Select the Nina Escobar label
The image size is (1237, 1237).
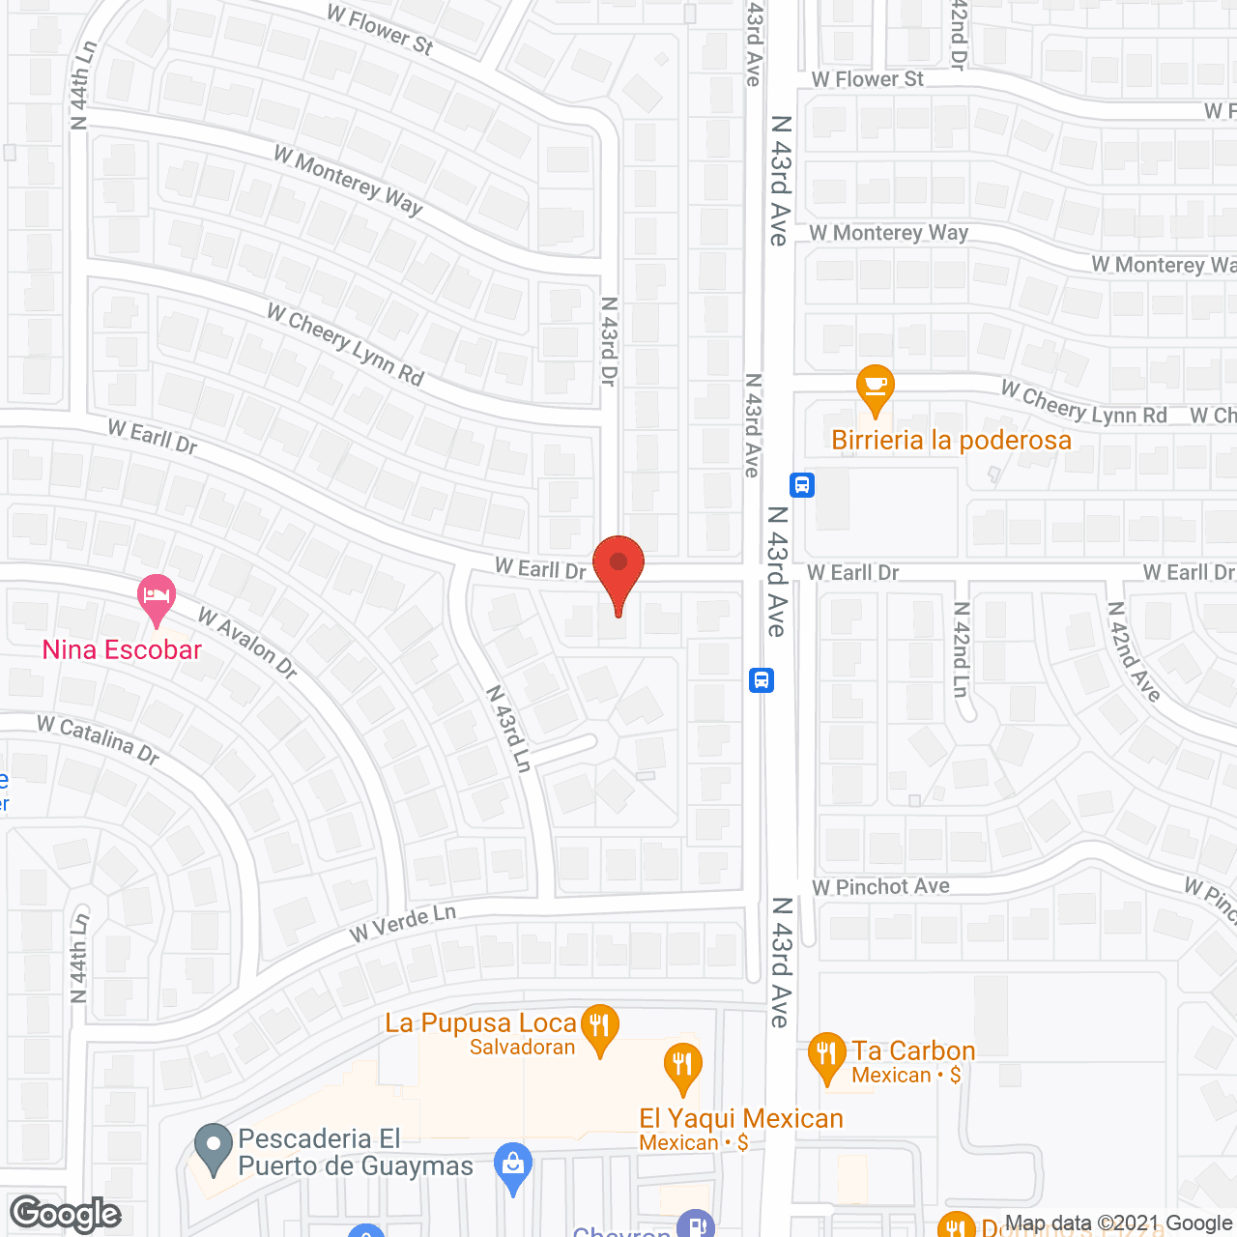click(122, 649)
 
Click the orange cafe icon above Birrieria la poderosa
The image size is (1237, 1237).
click(876, 388)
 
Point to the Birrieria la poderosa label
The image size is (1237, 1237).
click(951, 441)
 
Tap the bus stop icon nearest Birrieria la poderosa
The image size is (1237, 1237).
click(802, 484)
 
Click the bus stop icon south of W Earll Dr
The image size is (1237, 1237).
click(762, 679)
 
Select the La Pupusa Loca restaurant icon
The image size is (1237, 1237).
click(600, 1026)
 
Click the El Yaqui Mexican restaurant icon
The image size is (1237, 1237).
click(682, 1065)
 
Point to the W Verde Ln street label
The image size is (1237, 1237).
click(402, 923)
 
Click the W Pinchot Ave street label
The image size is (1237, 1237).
click(880, 886)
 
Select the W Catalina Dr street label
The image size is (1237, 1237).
click(98, 739)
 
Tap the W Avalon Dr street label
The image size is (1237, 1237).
click(247, 643)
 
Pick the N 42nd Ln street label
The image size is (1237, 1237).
click(961, 649)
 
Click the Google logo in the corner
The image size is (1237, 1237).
click(66, 1214)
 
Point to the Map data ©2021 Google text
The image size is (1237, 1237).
click(1119, 1223)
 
